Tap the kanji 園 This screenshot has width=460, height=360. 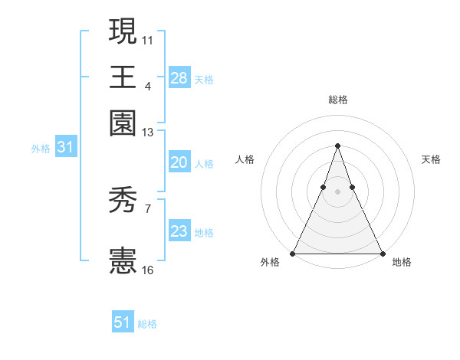coord(123,123)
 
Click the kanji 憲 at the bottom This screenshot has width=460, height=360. coord(123,260)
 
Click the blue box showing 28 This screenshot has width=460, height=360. coord(179,78)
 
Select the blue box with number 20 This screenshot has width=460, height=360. coord(179,162)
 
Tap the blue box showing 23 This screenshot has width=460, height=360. coord(179,231)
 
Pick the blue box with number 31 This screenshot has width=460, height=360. coord(64,148)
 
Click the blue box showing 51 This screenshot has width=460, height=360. coord(123,322)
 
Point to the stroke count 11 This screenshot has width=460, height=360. coord(147,38)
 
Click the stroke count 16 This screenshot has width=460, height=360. coord(147,270)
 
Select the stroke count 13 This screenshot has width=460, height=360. coord(147,132)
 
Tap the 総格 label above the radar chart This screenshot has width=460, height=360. coord(337,100)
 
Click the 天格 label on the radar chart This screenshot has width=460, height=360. coord(432,159)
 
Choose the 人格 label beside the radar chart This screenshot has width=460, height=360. coord(245,159)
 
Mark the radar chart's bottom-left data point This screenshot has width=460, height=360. coord(293,254)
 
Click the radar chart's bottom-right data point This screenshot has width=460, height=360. coord(382,254)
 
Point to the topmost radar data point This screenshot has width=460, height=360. coord(337,146)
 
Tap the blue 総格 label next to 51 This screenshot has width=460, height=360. coord(147,324)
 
